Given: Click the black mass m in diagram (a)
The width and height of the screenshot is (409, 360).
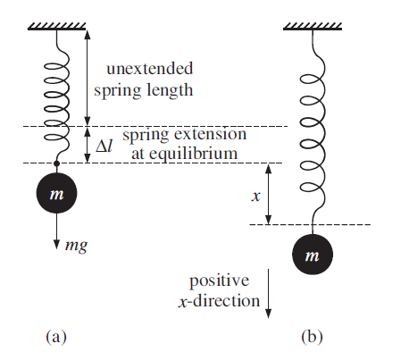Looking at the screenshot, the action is (56, 193).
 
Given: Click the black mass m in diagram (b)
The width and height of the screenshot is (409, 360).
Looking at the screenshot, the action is (313, 255).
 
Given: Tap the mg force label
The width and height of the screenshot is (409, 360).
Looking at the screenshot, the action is (76, 246).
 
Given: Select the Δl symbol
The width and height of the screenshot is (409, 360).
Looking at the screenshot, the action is (104, 146).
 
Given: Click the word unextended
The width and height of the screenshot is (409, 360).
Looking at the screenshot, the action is (149, 69).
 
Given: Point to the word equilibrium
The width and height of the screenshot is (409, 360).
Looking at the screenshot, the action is (193, 154).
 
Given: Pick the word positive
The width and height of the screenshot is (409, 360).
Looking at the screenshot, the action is (219, 281).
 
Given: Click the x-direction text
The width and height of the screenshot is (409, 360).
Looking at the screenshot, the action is (219, 301).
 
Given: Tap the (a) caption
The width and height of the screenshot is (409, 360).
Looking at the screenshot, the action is (56, 337).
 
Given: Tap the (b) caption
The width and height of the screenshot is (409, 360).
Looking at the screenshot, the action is (312, 337).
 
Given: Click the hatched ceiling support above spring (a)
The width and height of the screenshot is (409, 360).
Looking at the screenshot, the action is (57, 26).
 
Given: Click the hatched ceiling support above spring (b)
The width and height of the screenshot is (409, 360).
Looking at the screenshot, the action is (313, 26).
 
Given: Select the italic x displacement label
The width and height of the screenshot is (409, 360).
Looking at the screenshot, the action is (256, 197).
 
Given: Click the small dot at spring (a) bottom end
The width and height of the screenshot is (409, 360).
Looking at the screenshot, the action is (56, 163).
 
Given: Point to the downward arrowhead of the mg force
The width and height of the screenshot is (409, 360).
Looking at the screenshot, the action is (56, 245).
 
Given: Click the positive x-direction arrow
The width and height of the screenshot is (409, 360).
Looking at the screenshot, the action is (268, 294).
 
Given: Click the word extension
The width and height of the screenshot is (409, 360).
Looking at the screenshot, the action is (210, 134).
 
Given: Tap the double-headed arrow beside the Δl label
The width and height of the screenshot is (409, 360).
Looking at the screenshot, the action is (87, 145).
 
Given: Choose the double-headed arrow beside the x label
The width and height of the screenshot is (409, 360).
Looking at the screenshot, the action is (268, 194).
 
